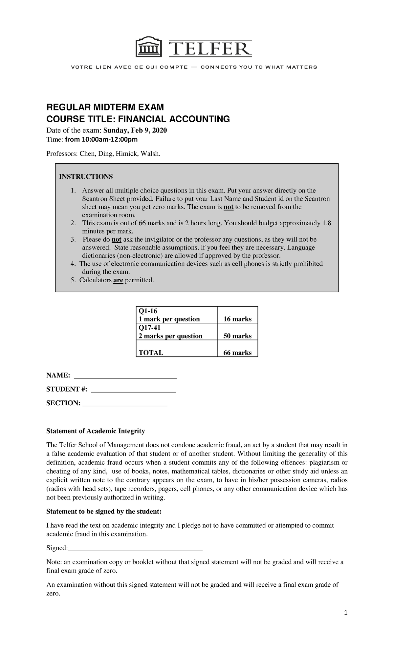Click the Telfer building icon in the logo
click(x=149, y=48)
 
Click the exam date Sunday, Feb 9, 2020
click(x=135, y=131)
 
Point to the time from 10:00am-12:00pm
click(x=101, y=140)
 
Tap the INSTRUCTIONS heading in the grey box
click(x=86, y=177)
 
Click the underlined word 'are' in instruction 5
click(x=118, y=280)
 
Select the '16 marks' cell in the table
click(x=237, y=319)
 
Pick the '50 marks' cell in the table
click(x=237, y=336)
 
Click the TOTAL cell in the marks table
click(x=151, y=353)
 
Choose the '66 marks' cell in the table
click(x=237, y=353)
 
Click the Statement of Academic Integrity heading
click(x=96, y=431)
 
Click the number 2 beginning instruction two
click(x=72, y=223)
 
